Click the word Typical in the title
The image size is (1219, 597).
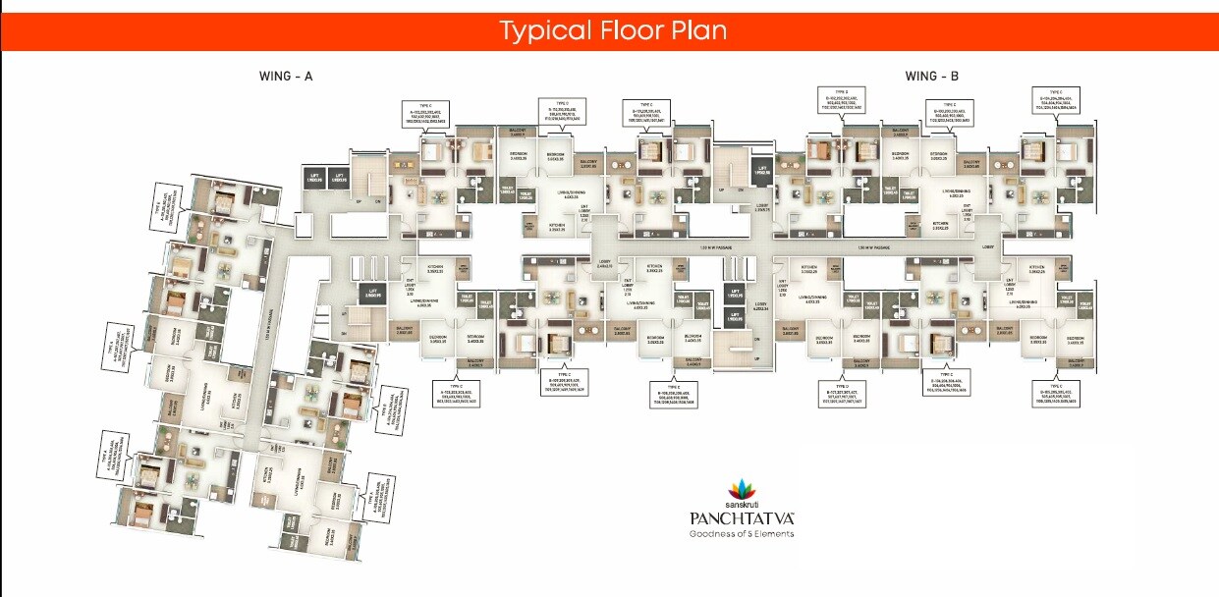pyautogui.click(x=538, y=30)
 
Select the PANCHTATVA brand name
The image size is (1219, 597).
pyautogui.click(x=740, y=517)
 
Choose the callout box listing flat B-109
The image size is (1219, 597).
pyautogui.click(x=564, y=382)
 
